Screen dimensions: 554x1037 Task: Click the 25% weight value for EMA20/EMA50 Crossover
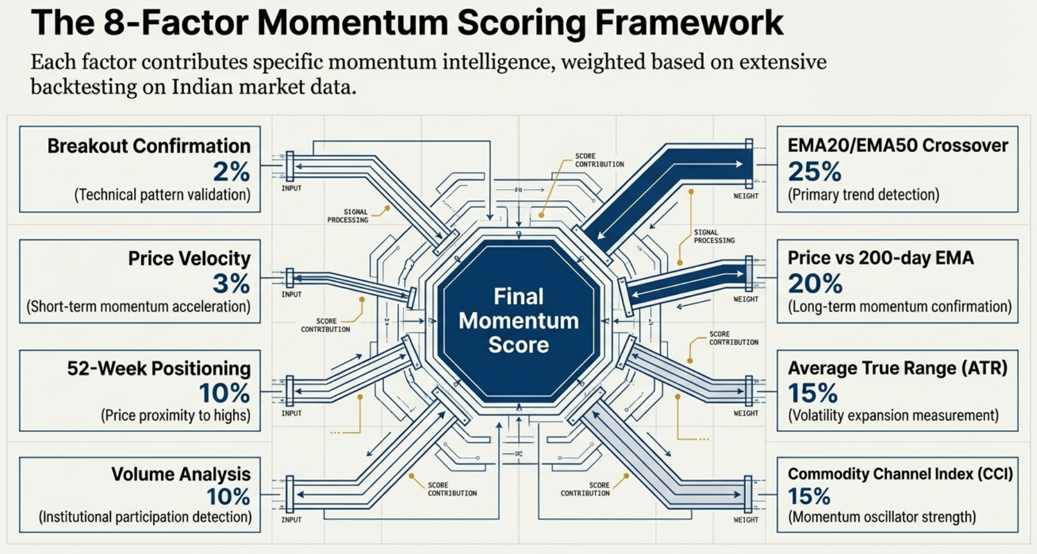coord(814,171)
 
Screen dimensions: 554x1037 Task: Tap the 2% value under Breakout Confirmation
coord(231,171)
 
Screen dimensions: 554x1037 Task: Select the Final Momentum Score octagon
coord(519,320)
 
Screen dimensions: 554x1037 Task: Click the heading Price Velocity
coord(189,258)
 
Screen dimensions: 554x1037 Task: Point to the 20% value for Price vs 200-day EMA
coord(815,284)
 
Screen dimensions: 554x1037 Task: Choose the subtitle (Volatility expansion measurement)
coord(893,415)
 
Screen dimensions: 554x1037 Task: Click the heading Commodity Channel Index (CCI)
coord(900,474)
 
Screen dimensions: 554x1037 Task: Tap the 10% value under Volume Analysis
coord(228,497)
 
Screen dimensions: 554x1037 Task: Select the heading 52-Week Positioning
coord(158,368)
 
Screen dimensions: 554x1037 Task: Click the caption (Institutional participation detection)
coord(145,517)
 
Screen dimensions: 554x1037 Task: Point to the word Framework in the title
coord(689,23)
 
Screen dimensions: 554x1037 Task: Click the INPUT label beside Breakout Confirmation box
coord(291,188)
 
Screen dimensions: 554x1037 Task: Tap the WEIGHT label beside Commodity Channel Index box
coord(745,520)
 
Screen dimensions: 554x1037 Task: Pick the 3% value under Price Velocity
coord(231,284)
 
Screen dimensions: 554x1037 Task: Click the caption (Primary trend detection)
coord(863,195)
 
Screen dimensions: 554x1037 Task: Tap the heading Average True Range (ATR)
coord(897,368)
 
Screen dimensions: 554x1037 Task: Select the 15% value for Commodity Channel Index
coord(809,497)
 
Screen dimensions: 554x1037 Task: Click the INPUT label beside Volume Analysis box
coord(291,520)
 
